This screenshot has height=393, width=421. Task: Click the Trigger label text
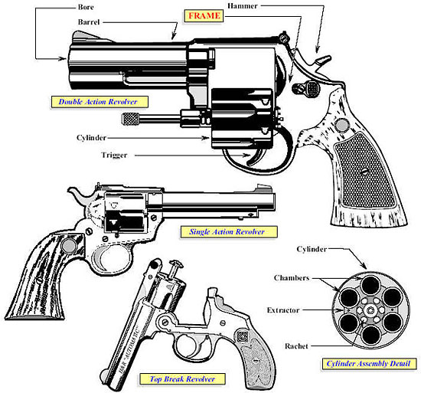pos(114,155)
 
